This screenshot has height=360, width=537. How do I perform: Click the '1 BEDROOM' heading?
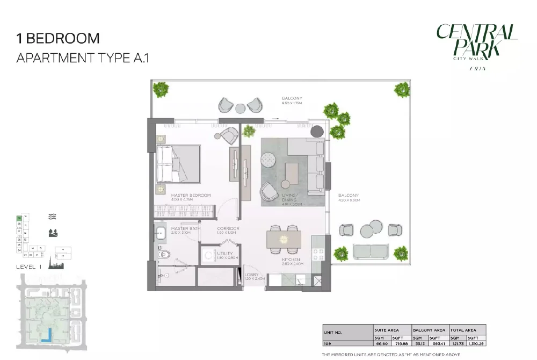(58, 39)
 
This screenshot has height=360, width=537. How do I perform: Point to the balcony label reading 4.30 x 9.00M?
(349, 197)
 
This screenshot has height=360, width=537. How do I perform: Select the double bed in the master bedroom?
(178, 164)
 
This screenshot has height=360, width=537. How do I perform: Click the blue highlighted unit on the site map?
(48, 334)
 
